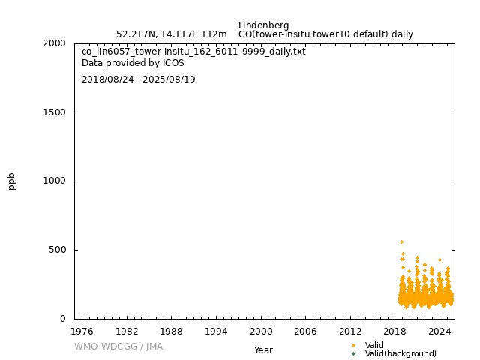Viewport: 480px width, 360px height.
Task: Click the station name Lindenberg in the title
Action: coord(263,25)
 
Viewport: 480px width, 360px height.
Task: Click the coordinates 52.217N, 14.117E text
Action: coord(171,34)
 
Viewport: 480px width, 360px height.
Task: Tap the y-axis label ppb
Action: coord(12,181)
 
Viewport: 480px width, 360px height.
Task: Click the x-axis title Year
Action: coord(263,349)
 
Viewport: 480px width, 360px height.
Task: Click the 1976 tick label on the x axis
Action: coord(82,331)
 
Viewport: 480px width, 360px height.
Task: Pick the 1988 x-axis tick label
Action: coord(172,331)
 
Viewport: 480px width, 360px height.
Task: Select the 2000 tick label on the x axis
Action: coord(261,331)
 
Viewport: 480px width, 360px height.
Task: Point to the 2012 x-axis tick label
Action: coord(350,331)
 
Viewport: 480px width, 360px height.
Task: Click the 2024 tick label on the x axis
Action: coord(439,331)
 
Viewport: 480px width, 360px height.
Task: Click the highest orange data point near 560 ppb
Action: coord(401,241)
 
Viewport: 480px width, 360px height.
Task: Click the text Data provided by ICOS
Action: coord(133,63)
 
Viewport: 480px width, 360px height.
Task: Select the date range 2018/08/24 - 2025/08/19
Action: coord(138,79)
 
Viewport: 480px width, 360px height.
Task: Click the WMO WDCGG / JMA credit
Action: coord(118,346)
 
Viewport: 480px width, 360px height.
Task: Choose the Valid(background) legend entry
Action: coord(400,353)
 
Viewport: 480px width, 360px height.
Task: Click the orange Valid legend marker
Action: coord(353,345)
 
